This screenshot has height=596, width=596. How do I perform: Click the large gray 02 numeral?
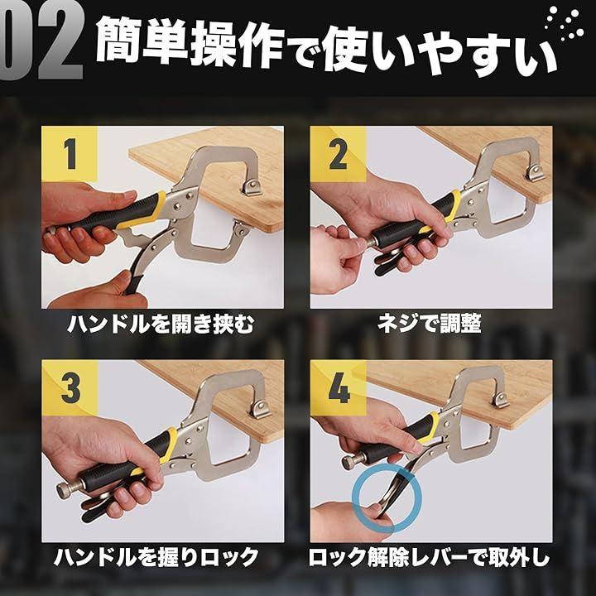(41, 41)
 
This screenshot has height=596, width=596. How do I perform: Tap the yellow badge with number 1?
(70, 154)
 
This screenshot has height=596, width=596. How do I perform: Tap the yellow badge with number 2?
(338, 154)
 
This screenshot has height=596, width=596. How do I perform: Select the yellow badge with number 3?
(70, 387)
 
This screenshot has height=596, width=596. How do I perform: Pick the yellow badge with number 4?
(339, 387)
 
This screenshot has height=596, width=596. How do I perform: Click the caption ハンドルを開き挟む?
(161, 324)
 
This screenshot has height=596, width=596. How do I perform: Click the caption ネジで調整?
(430, 324)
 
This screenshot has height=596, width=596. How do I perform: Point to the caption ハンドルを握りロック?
(156, 558)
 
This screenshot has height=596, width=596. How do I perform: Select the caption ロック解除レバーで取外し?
(429, 558)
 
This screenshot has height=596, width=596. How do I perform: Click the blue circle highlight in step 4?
(387, 469)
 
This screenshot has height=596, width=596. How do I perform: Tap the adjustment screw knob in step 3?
(65, 491)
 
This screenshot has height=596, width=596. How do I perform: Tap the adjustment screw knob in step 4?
(348, 462)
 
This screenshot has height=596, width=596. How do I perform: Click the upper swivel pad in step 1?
(252, 187)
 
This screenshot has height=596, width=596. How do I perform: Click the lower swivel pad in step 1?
(241, 228)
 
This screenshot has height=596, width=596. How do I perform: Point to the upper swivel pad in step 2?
(535, 173)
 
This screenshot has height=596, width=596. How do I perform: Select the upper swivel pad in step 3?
(261, 409)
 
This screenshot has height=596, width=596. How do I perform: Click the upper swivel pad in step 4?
(501, 400)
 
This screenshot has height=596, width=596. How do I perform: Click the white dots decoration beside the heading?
(565, 23)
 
